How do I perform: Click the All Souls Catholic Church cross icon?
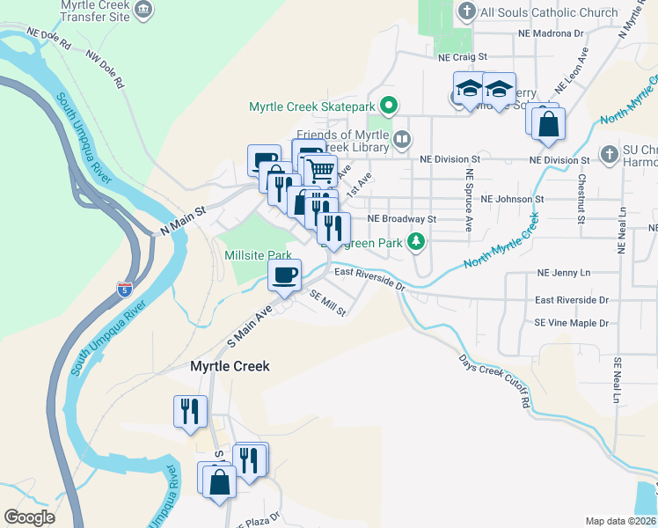(466, 12)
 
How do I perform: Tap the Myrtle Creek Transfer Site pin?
(146, 11)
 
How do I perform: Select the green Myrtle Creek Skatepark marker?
(387, 106)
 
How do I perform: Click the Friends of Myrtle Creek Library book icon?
(401, 138)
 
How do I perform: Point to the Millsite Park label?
(258, 255)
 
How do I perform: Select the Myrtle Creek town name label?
(230, 366)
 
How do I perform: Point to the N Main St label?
(182, 221)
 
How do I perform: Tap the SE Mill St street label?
(329, 304)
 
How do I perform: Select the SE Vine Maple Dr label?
(571, 323)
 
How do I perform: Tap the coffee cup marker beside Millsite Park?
(284, 275)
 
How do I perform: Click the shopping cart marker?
(322, 170)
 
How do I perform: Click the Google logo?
(29, 517)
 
